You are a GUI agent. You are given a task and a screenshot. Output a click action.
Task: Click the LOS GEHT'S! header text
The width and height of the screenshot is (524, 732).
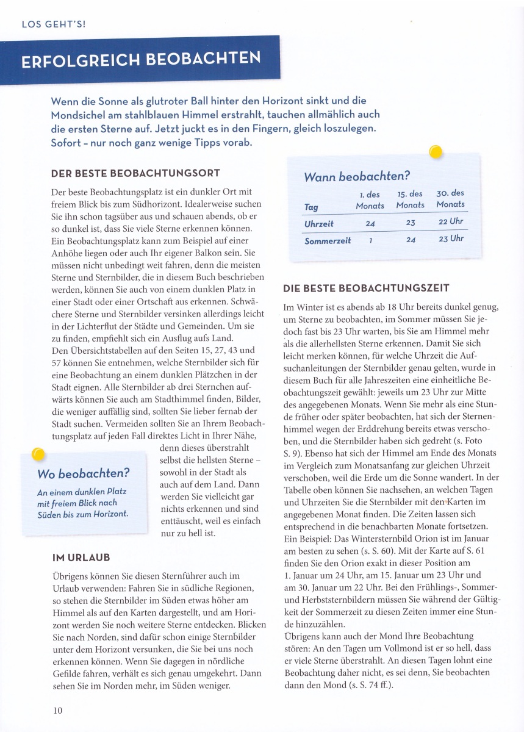click(x=54, y=25)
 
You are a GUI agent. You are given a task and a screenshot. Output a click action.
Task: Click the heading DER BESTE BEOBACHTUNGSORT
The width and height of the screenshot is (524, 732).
click(x=135, y=174)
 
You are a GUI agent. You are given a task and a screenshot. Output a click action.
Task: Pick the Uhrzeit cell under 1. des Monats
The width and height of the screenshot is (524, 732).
click(x=370, y=223)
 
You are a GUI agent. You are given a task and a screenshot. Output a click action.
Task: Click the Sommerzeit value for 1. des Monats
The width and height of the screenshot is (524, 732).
click(x=370, y=240)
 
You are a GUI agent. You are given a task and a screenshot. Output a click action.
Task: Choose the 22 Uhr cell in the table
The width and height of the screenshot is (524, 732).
click(x=450, y=222)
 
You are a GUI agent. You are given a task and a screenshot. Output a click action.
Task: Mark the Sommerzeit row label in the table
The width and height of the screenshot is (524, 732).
click(x=328, y=240)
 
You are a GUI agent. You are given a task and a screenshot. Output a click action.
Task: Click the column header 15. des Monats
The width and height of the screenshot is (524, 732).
click(x=410, y=199)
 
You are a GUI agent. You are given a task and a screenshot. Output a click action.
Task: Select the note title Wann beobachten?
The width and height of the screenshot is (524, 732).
click(x=357, y=177)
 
